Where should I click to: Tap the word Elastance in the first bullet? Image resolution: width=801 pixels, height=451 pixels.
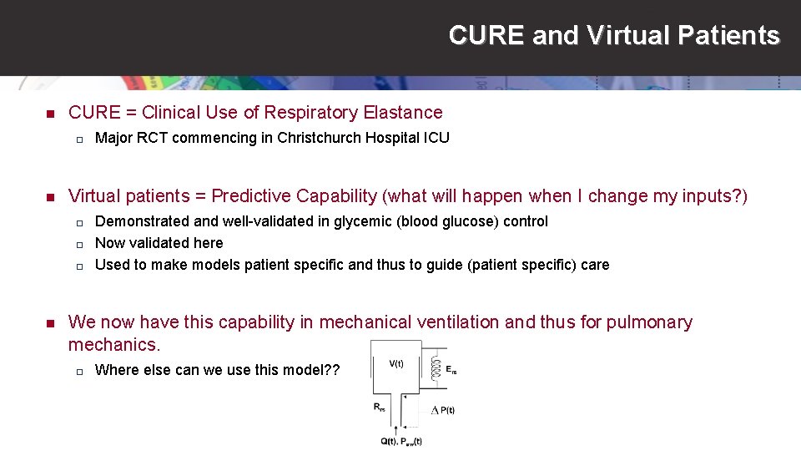[402, 113]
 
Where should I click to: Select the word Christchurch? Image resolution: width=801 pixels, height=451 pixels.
[319, 138]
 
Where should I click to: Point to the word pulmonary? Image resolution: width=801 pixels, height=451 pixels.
[648, 322]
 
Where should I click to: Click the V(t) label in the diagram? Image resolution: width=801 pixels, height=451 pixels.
[396, 363]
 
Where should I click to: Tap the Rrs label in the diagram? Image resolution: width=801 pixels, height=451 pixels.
[380, 407]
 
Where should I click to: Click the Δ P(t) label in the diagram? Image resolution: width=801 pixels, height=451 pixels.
[442, 409]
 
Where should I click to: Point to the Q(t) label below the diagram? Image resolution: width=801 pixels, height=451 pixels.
[389, 441]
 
